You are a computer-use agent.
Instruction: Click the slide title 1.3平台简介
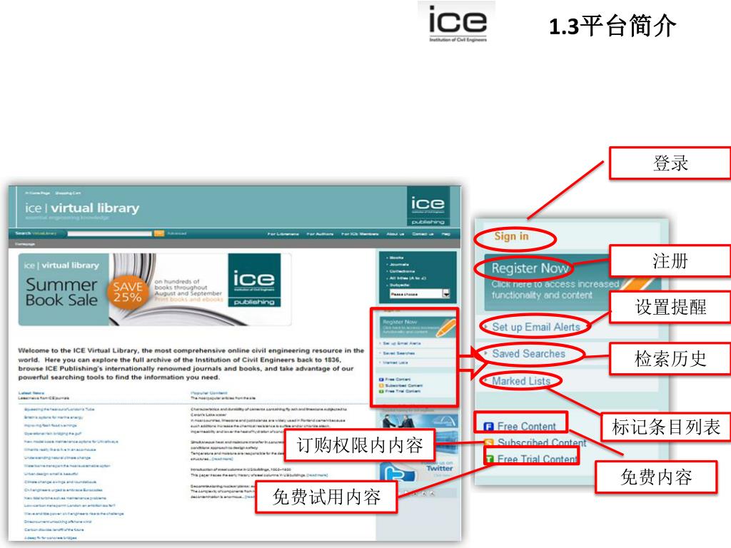pos(612,26)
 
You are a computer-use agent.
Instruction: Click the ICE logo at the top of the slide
pos(458,24)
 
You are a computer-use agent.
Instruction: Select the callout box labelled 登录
pos(670,163)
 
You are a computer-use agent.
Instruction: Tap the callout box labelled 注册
pos(670,261)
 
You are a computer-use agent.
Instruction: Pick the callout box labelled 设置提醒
pos(670,307)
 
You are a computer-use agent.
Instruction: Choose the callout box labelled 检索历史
pos(670,357)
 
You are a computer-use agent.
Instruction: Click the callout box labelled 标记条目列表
pos(666,427)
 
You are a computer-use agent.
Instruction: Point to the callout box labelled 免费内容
pos(656,476)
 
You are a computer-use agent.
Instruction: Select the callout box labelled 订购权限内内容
pos(360,447)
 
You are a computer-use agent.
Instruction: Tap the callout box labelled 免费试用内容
pos(326,497)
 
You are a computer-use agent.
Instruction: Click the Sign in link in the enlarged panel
pos(512,236)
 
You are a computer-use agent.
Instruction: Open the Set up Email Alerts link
pos(535,327)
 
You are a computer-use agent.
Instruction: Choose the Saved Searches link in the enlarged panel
pos(528,353)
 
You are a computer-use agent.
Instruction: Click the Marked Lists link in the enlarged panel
pos(521,381)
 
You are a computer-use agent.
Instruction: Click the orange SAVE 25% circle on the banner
pos(127,290)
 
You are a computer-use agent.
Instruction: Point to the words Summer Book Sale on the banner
pos(61,292)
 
